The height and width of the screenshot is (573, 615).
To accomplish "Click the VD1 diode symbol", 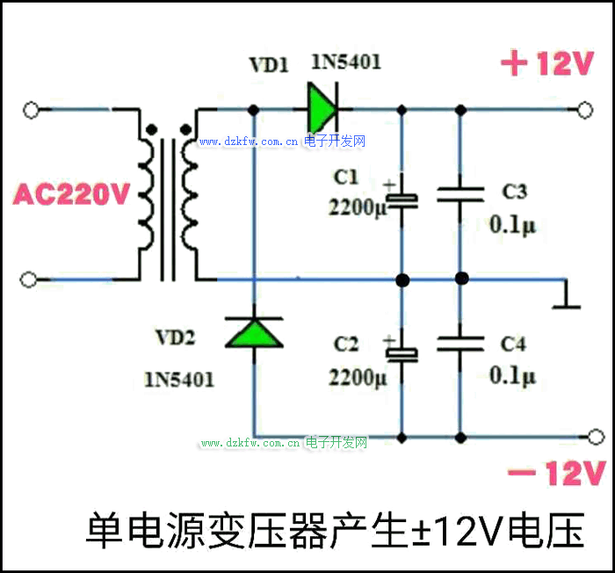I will click(322, 110).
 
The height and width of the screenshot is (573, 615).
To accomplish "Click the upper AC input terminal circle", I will click(31, 110).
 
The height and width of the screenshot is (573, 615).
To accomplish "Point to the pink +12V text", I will click(547, 65).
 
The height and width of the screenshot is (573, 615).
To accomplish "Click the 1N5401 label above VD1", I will click(346, 62).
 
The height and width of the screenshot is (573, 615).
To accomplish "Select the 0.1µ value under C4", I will click(512, 377).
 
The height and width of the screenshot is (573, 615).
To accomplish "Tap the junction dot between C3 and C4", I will click(461, 279).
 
